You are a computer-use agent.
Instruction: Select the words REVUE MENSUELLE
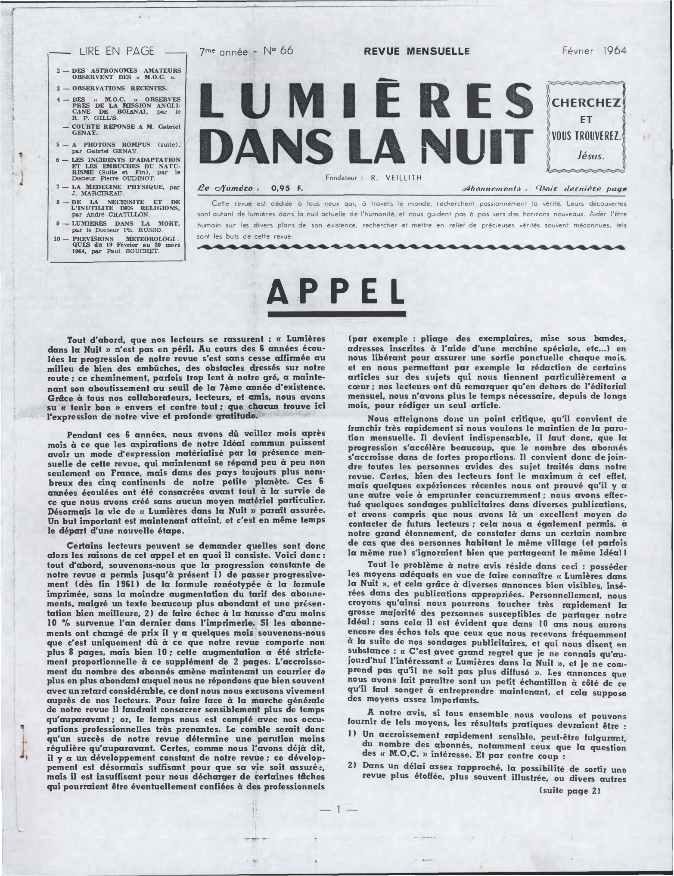[x=416, y=52]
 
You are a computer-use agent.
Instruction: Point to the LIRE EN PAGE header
[x=116, y=52]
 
